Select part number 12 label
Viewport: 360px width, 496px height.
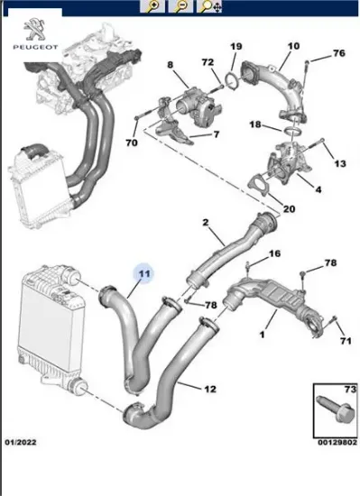click(x=209, y=390)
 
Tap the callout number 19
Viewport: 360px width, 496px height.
click(x=235, y=47)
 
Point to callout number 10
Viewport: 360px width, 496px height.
click(x=294, y=46)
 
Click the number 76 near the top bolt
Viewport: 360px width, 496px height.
click(x=338, y=53)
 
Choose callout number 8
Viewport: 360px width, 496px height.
click(x=169, y=64)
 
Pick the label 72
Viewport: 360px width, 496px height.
click(x=207, y=62)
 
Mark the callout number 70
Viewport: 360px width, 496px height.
click(x=132, y=142)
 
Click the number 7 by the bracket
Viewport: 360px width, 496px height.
click(x=216, y=134)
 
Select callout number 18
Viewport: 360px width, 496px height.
click(x=255, y=124)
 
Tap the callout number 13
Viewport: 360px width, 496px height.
click(x=340, y=164)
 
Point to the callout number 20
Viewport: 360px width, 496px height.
click(x=289, y=209)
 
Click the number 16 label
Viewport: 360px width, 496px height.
click(x=275, y=253)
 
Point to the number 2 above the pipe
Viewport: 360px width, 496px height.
click(x=206, y=222)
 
